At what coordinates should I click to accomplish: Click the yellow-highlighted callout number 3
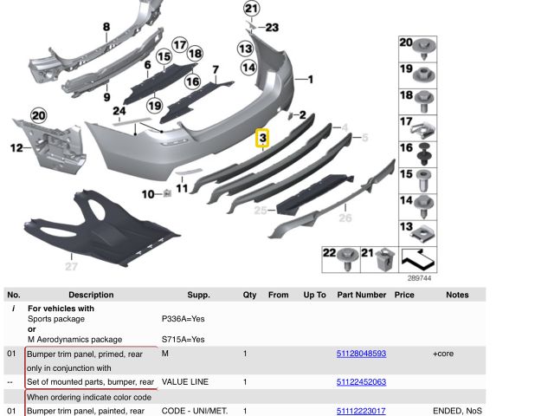(x=262, y=138)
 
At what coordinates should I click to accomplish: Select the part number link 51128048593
(x=361, y=354)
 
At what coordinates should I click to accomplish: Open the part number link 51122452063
(x=361, y=382)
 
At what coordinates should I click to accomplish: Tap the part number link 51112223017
(x=361, y=411)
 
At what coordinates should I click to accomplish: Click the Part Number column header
(x=362, y=295)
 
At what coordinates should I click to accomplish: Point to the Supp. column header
(x=198, y=295)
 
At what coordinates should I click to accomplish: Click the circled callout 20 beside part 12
(x=38, y=115)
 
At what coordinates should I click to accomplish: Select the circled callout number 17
(x=180, y=45)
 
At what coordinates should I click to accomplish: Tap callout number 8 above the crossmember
(x=106, y=27)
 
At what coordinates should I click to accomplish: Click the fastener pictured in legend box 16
(x=424, y=154)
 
